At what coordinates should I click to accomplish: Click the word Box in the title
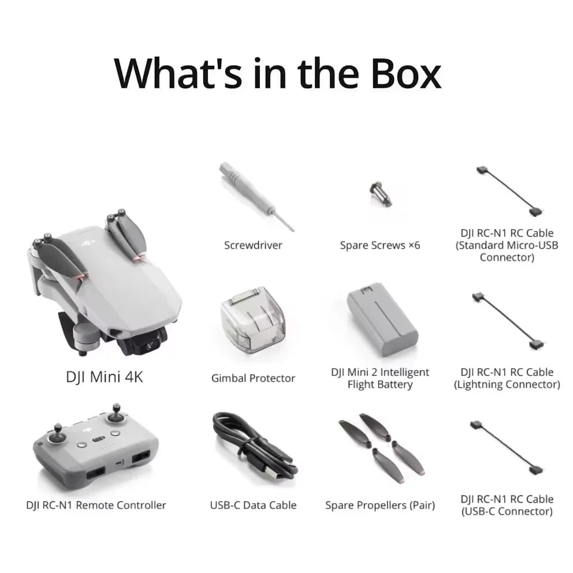click(406, 74)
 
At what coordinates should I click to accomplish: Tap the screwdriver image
click(256, 197)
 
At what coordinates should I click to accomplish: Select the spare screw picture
click(381, 194)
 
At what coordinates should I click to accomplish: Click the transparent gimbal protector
click(253, 319)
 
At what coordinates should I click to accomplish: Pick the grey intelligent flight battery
click(382, 319)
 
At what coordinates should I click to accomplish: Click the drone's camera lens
click(150, 345)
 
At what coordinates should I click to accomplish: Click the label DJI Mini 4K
click(105, 377)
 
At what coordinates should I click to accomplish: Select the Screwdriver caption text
click(253, 245)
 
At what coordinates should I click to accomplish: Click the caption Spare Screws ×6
click(380, 245)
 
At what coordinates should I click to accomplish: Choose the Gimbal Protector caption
click(253, 378)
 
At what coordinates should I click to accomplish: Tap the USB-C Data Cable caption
click(253, 505)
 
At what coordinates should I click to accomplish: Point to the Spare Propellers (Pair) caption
click(380, 505)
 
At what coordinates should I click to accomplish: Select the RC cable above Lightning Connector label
click(509, 321)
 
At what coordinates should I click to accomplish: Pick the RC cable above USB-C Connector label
click(507, 448)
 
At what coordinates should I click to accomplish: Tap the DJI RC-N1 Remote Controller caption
click(96, 505)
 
